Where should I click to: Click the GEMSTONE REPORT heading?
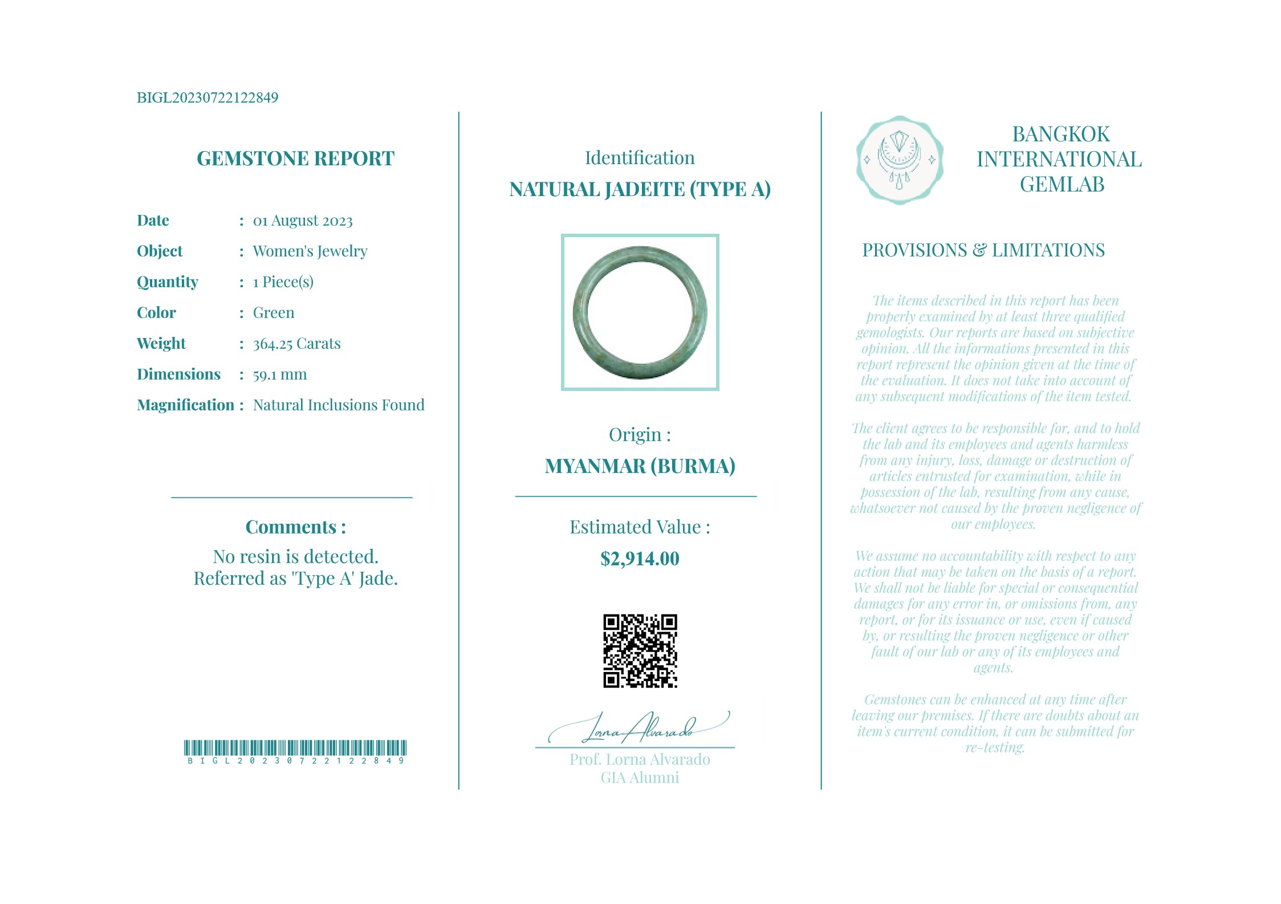tap(295, 158)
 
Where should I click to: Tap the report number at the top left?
tap(208, 97)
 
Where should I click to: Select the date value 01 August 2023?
tap(303, 221)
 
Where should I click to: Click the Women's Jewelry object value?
tap(310, 251)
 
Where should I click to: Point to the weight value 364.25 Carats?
tap(296, 344)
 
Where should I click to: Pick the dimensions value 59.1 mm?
tap(280, 374)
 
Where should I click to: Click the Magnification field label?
tap(185, 405)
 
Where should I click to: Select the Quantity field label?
tap(168, 282)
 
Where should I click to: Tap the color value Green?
tap(274, 313)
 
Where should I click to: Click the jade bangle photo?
tap(640, 312)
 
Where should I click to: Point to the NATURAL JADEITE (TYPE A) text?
tap(640, 189)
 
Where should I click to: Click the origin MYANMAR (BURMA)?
tap(640, 466)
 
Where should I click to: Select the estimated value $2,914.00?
tap(640, 559)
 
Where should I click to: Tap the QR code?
tap(640, 651)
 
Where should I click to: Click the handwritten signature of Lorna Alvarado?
tap(639, 728)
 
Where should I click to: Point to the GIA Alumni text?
tap(640, 778)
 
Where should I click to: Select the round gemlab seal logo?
tap(900, 160)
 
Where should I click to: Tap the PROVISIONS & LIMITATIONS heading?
tap(983, 250)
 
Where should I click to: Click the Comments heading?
tap(295, 527)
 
